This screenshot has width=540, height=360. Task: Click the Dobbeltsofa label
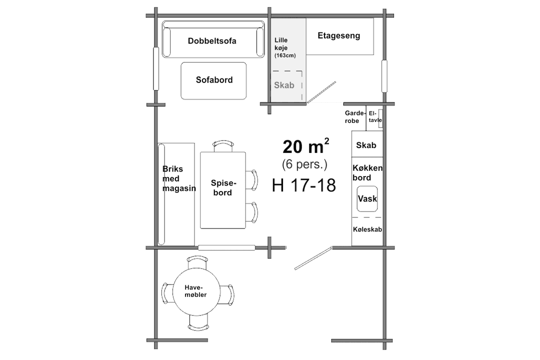pos(212,41)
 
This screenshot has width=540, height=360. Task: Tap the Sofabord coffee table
pos(213,80)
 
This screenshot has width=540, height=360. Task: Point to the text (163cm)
pos(285,55)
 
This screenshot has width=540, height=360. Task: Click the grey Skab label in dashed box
pos(284,84)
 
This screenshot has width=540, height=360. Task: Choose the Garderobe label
pos(354,117)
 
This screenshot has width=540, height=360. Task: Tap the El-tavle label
pos(374,117)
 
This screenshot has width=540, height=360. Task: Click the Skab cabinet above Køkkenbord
pos(367,144)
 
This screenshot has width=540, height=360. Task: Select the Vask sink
pos(367,199)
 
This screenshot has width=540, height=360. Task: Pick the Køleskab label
pos(367,229)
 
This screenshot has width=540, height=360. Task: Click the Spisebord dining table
pos(223,190)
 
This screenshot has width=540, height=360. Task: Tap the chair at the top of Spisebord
pos(223,145)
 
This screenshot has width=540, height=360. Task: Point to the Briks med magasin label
pos(178,178)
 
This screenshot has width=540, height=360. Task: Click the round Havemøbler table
pos(196,292)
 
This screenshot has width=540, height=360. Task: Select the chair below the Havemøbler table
pos(198,325)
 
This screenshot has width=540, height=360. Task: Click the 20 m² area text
pos(305,146)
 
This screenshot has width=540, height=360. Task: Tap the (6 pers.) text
pos(304,164)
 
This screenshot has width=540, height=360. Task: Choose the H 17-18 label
pos(304,185)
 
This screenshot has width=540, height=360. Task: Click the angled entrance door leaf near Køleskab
pos(313,258)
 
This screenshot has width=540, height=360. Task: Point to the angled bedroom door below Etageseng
pos(321,92)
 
